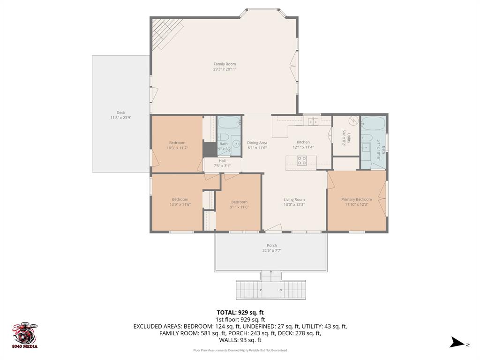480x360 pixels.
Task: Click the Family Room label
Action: tap(225, 64)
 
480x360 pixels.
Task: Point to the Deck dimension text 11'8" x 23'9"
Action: tap(120, 118)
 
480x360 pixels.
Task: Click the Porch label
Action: tap(272, 245)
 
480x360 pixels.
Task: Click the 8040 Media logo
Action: tap(25, 335)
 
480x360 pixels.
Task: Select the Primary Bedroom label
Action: tap(356, 199)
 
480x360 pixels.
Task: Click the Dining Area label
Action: tap(257, 143)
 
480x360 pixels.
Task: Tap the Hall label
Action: tap(222, 161)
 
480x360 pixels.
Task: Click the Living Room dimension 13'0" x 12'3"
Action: tap(294, 204)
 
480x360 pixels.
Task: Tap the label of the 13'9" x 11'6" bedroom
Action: tap(180, 199)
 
